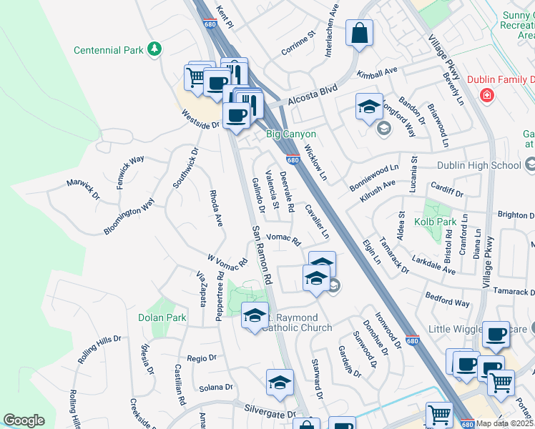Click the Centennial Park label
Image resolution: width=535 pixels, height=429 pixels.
(x=109, y=50)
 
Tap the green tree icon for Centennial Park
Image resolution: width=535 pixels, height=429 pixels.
(x=154, y=49)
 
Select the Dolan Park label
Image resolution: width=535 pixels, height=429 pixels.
(x=162, y=317)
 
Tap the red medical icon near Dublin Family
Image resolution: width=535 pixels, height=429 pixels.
(x=487, y=94)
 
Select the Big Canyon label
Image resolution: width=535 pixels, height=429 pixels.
(x=291, y=134)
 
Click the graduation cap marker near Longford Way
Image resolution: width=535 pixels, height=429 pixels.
(x=369, y=108)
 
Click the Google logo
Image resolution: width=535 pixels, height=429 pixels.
(x=24, y=420)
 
